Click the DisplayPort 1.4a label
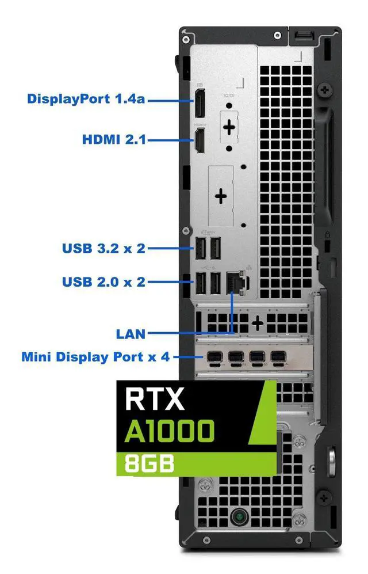(86, 99)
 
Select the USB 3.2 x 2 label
(103, 249)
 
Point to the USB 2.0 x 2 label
(103, 282)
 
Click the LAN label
(131, 333)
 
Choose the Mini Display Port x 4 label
(95, 357)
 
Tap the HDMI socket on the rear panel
(199, 142)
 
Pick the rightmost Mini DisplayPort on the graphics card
(277, 358)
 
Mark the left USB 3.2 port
(201, 249)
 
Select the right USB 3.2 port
(214, 249)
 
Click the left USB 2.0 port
(201, 282)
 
